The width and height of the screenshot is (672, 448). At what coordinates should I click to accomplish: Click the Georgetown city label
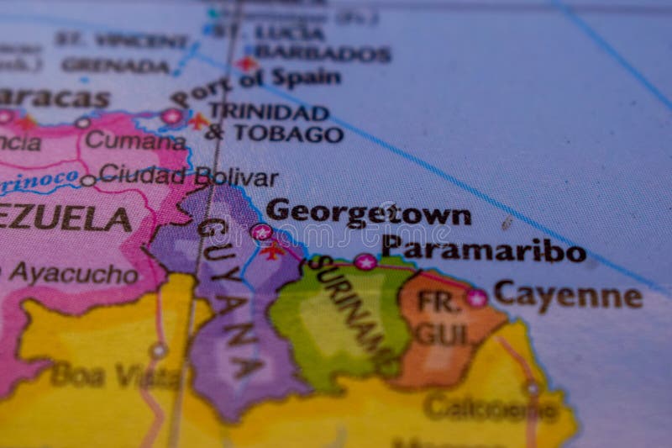368,213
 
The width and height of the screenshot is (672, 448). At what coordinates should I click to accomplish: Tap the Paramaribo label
483,249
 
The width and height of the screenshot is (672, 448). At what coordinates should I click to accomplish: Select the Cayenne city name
567,295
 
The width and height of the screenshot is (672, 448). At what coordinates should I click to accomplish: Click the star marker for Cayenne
476,297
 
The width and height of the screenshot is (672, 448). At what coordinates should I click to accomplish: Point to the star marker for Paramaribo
365,261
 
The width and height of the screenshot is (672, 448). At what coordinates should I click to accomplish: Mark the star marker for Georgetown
261,232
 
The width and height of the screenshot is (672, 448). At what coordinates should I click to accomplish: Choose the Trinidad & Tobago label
274,123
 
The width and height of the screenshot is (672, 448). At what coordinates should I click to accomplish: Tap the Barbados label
323,54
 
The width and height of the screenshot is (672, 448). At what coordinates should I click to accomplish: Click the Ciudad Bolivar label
188,177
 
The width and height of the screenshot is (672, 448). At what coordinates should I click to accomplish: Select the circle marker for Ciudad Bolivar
87,180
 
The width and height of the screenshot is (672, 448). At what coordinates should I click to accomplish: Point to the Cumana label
134,140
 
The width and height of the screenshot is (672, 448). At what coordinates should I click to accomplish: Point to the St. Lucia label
269,32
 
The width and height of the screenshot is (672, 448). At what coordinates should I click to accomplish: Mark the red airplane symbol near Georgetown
271,250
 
